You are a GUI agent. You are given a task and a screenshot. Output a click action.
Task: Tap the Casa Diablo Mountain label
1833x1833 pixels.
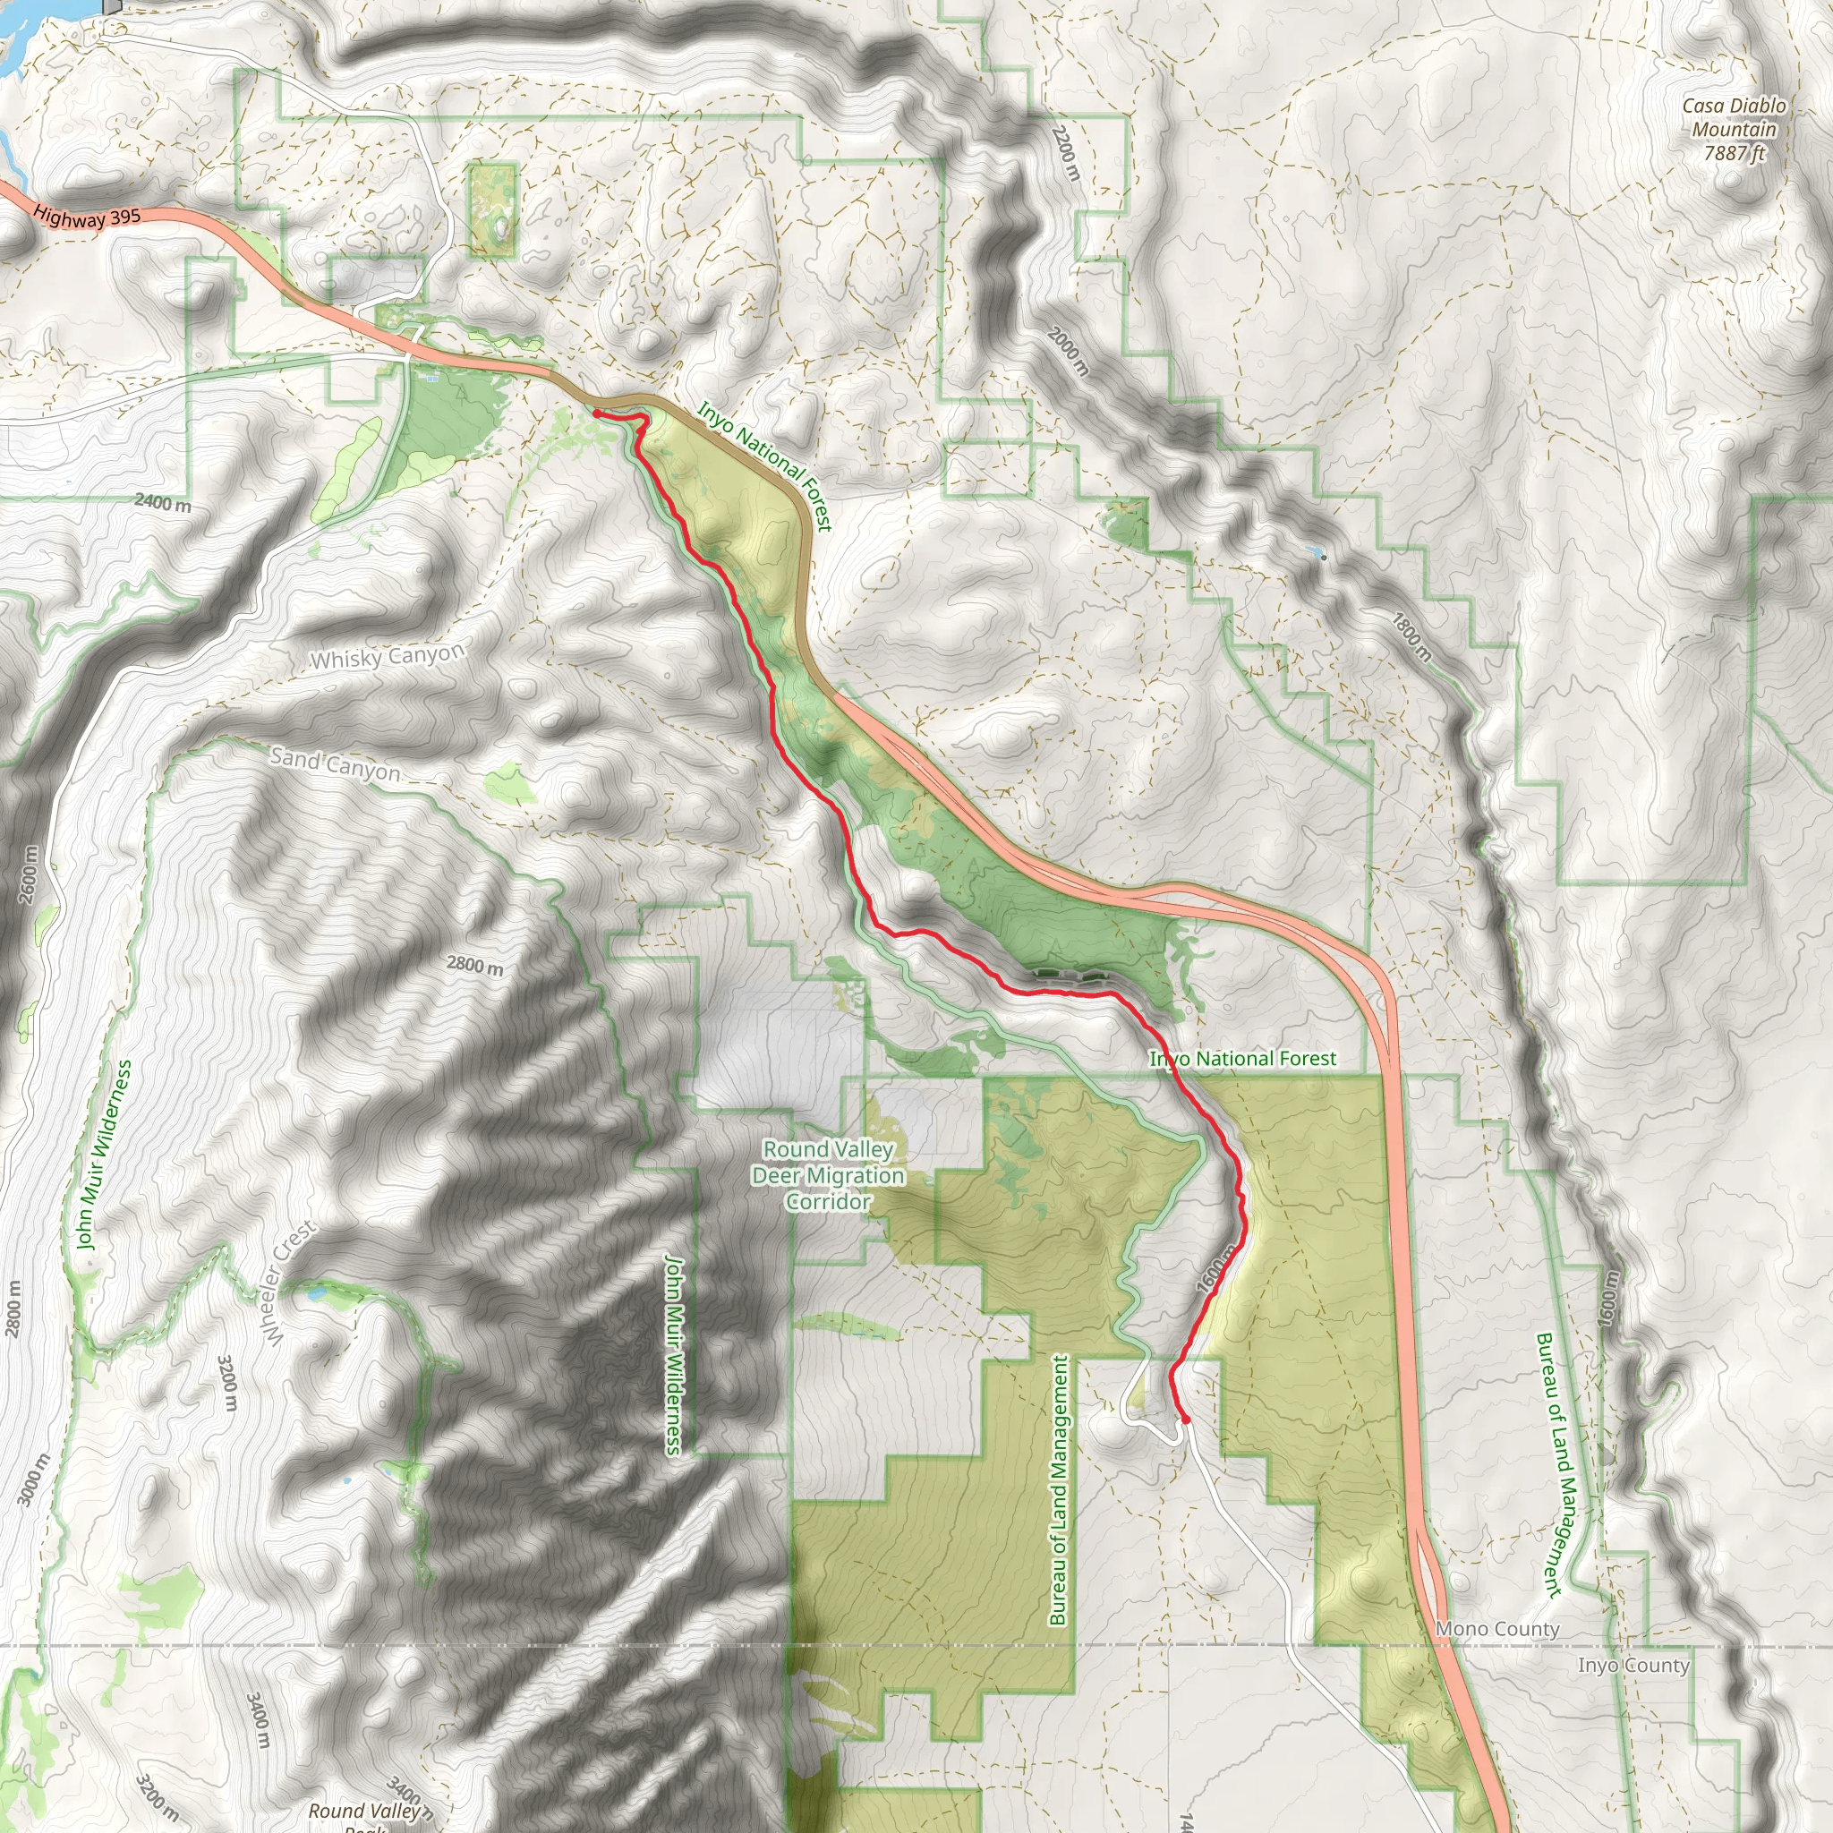click(x=1735, y=117)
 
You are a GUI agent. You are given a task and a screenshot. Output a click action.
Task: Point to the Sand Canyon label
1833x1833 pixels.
click(x=335, y=763)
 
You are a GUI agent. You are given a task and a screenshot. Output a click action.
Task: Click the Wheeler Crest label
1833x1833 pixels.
click(x=290, y=1283)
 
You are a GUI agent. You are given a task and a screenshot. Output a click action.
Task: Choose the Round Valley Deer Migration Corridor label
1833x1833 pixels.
click(x=828, y=1175)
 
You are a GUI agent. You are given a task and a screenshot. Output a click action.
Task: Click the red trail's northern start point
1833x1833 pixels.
click(x=596, y=413)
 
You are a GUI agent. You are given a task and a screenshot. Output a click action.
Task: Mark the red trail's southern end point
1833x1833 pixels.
click(x=1185, y=1420)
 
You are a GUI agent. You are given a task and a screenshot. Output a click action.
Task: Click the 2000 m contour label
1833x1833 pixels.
click(x=1070, y=350)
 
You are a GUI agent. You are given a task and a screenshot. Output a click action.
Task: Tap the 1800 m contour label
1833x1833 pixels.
click(x=1412, y=636)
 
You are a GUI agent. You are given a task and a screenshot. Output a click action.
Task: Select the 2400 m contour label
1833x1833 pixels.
click(x=162, y=503)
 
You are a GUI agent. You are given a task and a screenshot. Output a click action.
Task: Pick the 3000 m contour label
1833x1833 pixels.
click(x=30, y=1479)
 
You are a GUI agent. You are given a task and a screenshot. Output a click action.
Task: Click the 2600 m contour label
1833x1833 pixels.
click(x=29, y=874)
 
